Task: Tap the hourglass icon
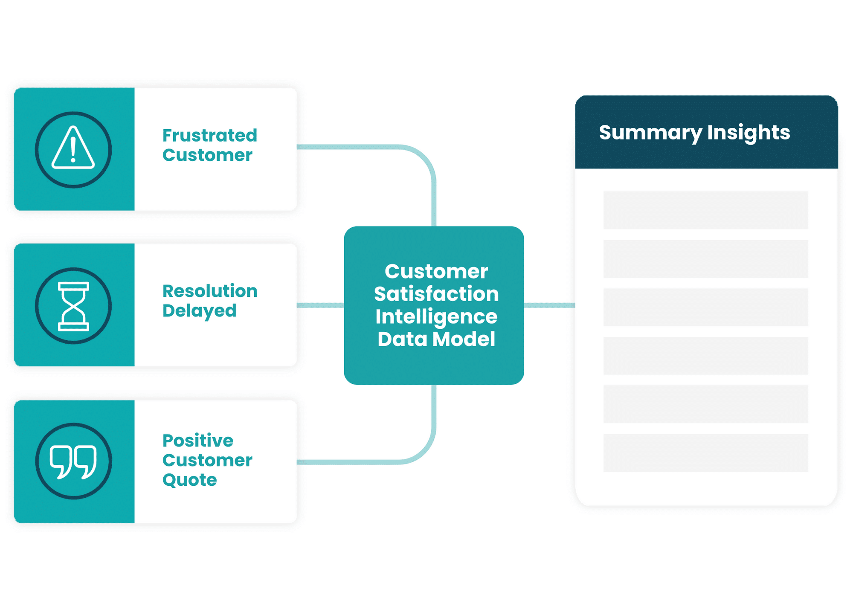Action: (x=73, y=306)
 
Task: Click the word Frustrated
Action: (x=210, y=136)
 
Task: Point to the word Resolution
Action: (x=210, y=291)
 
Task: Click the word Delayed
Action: (x=199, y=311)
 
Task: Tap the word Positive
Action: (x=198, y=441)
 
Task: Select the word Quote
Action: (x=190, y=480)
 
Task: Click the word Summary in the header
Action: (x=650, y=133)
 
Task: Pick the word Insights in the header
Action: (x=749, y=133)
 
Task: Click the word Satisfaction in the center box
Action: (x=436, y=294)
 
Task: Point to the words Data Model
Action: (x=436, y=339)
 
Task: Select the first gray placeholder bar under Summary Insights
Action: (x=705, y=210)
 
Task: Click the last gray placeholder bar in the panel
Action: (x=705, y=452)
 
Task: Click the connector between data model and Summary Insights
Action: (x=549, y=305)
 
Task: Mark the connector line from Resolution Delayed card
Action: (x=320, y=305)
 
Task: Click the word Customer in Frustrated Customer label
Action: (x=207, y=155)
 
